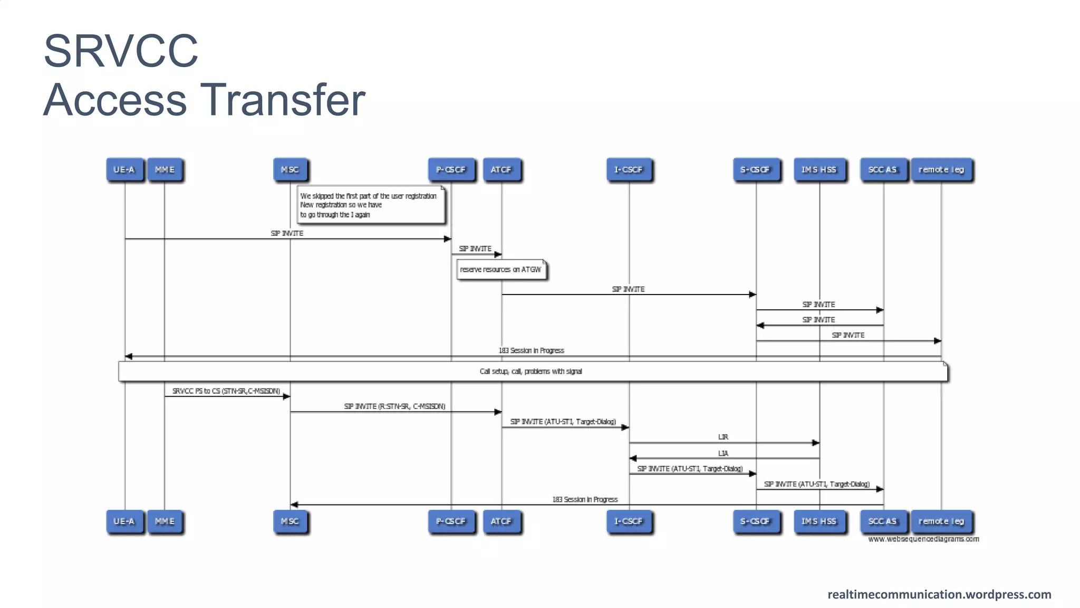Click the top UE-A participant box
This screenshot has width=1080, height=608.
(124, 170)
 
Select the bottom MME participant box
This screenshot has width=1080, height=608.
(165, 521)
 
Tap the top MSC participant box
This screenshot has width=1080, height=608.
(290, 170)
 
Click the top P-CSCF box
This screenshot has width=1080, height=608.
(451, 170)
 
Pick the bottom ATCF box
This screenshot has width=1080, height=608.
(501, 521)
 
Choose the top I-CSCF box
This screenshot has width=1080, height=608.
(629, 170)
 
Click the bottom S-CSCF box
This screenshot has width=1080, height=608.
(755, 521)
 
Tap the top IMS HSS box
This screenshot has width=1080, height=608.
(819, 170)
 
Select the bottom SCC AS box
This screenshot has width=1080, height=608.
(883, 521)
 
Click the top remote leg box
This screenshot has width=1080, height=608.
(941, 170)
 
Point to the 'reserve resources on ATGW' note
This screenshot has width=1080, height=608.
(500, 270)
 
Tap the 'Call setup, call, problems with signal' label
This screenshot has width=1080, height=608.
(531, 372)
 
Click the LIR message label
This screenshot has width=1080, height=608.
(723, 437)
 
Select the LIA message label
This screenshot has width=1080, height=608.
(723, 453)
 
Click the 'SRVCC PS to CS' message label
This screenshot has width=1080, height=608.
(226, 391)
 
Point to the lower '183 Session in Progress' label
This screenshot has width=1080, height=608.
(585, 499)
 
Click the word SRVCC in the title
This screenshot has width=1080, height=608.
(121, 51)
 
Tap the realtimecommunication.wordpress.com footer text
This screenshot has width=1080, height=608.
(939, 594)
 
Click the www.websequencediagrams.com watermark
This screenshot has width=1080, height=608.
(923, 539)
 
